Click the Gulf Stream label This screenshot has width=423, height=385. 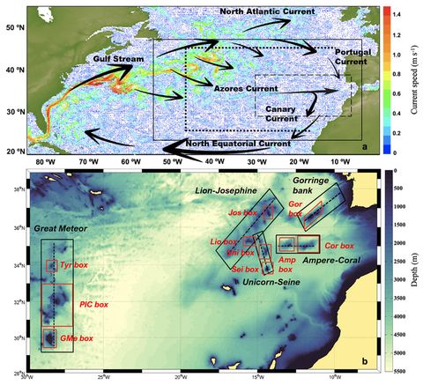(x=110, y=59)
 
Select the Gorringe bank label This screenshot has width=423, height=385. (x=313, y=185)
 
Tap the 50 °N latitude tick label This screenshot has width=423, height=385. (x=13, y=28)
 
